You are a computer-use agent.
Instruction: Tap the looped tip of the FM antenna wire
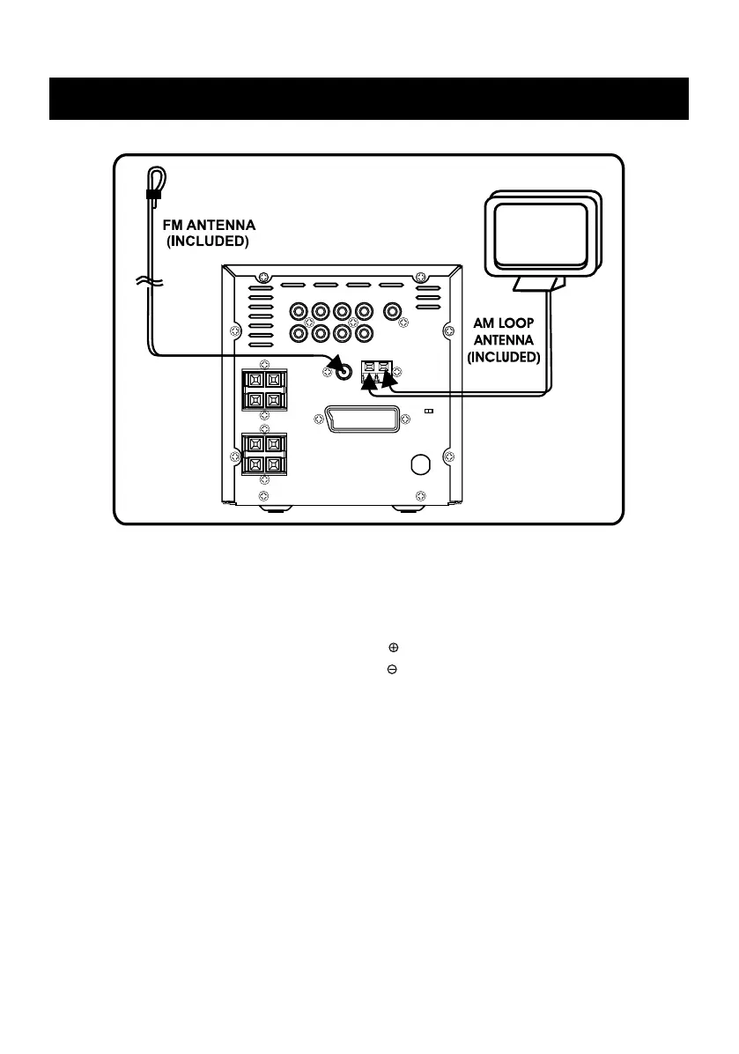point(154,176)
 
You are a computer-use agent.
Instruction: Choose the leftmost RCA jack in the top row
point(299,311)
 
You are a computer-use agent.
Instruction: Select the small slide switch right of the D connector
point(428,411)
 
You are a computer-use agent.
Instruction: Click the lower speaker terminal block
point(264,454)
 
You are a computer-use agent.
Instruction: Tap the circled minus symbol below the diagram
point(392,670)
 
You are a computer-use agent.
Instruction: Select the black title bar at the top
point(368,99)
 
